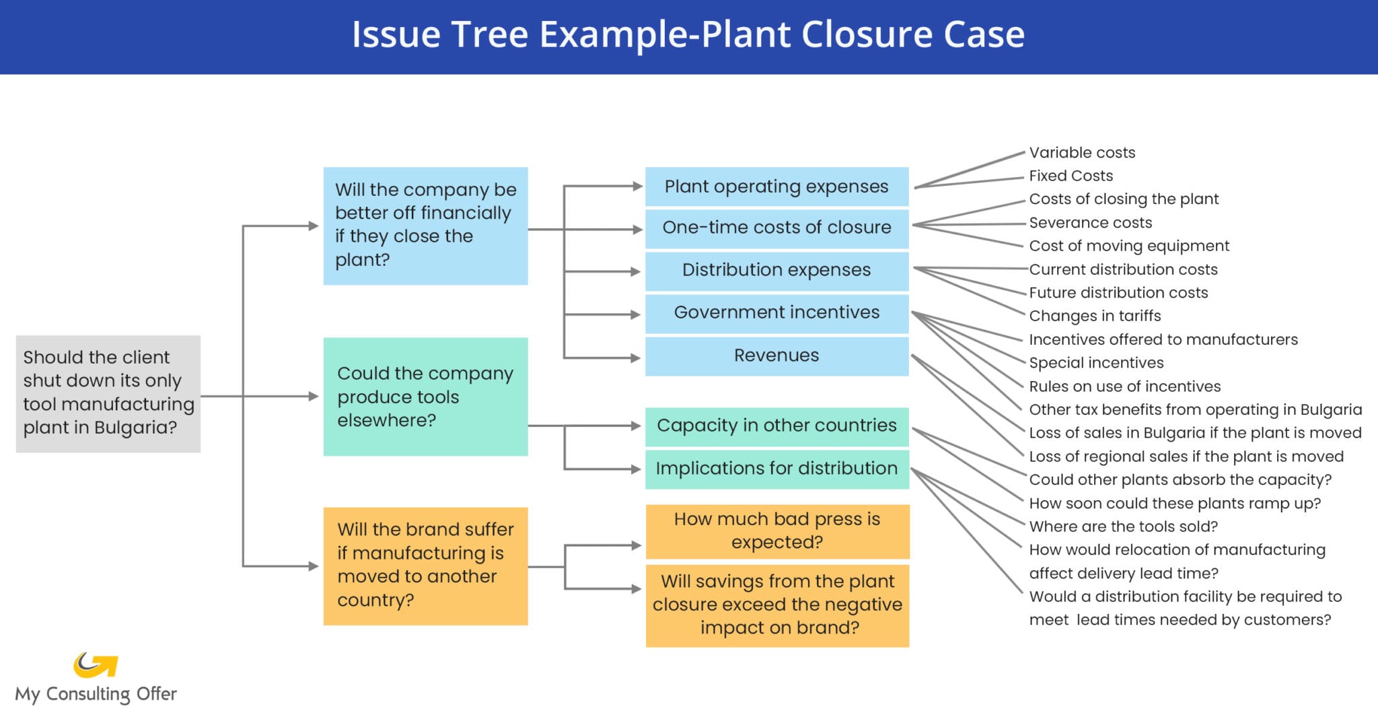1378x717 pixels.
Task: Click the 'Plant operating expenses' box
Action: pyautogui.click(x=776, y=186)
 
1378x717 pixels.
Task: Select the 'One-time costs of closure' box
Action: pyautogui.click(x=776, y=228)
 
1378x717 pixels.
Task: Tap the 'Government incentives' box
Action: pyautogui.click(x=776, y=313)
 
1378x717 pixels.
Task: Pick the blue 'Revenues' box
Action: pyautogui.click(x=776, y=355)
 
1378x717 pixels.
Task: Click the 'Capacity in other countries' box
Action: pyautogui.click(x=776, y=426)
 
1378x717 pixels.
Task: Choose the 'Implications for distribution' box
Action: pyautogui.click(x=776, y=469)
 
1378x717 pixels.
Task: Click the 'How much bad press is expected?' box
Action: pyautogui.click(x=777, y=531)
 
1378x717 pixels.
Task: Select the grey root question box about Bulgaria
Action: pyautogui.click(x=108, y=393)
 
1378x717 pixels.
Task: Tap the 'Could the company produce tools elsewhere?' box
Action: pyautogui.click(x=425, y=397)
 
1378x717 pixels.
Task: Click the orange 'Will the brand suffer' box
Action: pyautogui.click(x=425, y=566)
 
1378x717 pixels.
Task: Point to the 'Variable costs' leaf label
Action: pyautogui.click(x=1081, y=153)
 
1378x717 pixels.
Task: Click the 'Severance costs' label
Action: pyautogui.click(x=1090, y=223)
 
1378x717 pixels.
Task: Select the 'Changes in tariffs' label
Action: pyautogui.click(x=1095, y=316)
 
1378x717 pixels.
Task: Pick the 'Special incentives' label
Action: pyautogui.click(x=1096, y=363)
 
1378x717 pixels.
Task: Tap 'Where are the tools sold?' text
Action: pyautogui.click(x=1123, y=526)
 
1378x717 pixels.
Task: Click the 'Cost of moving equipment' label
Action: pyautogui.click(x=1128, y=246)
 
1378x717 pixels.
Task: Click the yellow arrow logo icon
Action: pyautogui.click(x=96, y=664)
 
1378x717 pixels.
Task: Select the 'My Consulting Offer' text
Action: pyautogui.click(x=96, y=694)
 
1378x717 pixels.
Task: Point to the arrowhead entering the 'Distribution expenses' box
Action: pyautogui.click(x=635, y=272)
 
